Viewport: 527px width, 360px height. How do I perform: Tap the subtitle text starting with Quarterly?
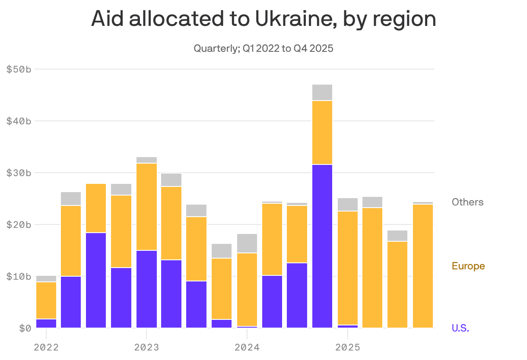coord(263,48)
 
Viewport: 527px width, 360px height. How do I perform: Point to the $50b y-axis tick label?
coord(19,69)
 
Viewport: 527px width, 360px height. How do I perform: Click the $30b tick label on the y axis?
coord(19,173)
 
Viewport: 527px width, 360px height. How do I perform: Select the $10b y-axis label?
coord(19,276)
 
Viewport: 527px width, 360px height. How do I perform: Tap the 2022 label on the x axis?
coord(46,347)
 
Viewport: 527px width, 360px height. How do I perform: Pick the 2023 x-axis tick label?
coord(146,347)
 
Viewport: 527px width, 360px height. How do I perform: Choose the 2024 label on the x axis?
coord(247,347)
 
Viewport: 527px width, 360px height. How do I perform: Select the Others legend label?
coord(467,202)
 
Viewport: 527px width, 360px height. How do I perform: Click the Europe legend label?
coord(468,266)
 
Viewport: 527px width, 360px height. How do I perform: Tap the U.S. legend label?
coord(460,328)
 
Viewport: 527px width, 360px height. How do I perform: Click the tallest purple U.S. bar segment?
coord(322,246)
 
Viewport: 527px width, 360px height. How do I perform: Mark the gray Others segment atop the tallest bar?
coord(322,92)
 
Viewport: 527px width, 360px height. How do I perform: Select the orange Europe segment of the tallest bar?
coord(322,133)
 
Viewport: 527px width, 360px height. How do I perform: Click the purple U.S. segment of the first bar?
coord(46,323)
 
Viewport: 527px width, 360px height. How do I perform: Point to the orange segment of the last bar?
coord(422,266)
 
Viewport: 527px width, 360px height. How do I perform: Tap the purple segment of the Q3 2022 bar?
coord(96,280)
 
